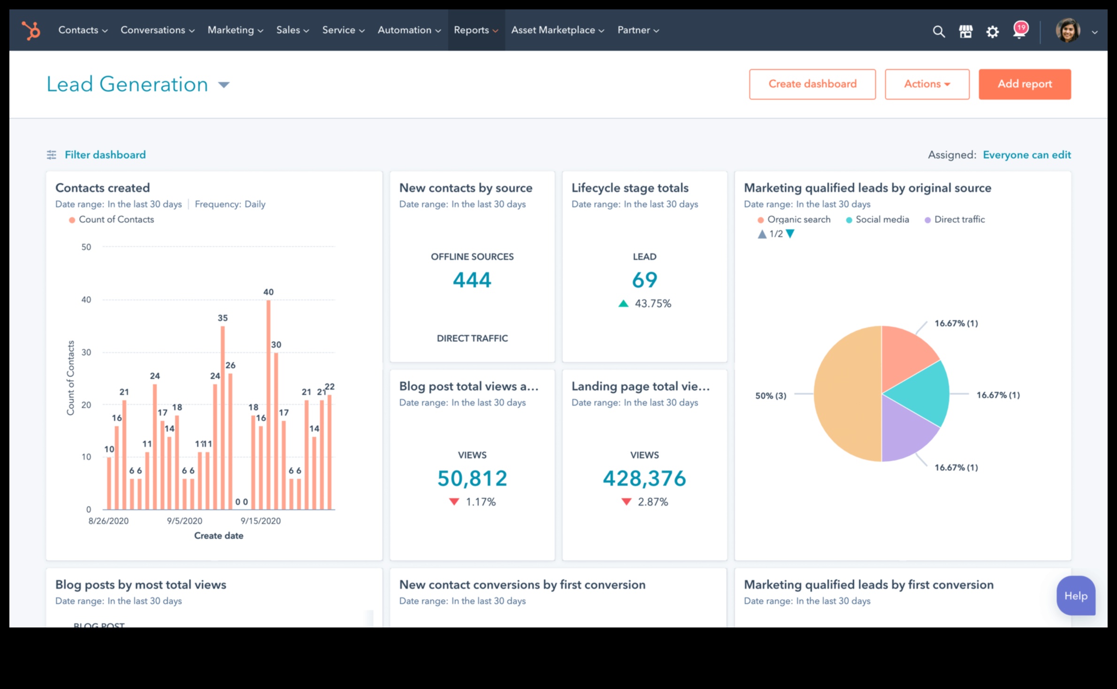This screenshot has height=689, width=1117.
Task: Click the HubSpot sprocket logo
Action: coord(31,31)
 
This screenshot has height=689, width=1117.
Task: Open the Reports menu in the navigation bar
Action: coord(475,30)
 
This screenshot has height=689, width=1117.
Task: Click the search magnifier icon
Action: coord(938,31)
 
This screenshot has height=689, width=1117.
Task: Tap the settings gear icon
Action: coord(992,31)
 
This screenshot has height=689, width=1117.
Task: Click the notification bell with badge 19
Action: coord(1019,31)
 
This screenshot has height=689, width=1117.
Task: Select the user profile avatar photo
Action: coord(1068,31)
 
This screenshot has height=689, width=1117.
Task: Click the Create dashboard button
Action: coord(812,84)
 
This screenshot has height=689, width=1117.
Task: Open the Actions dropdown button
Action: coord(926,84)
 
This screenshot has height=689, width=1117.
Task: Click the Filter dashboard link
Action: coord(105,155)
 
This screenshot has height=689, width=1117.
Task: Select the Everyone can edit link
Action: coord(1026,155)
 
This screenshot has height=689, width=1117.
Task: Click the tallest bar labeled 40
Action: coord(268,404)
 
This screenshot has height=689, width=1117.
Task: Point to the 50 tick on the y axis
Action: coord(86,247)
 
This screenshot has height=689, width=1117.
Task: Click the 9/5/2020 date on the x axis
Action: coord(184,521)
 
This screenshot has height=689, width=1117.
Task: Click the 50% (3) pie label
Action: coord(771,396)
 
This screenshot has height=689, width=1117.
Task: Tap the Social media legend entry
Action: coord(881,220)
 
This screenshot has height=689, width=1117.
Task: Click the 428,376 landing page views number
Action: coord(644,479)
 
